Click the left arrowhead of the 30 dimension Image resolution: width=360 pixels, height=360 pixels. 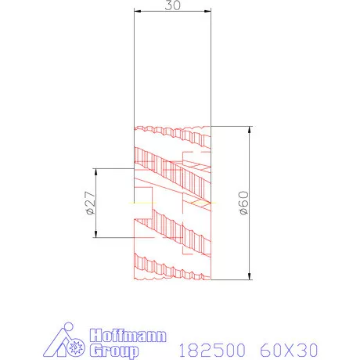tap(136, 11)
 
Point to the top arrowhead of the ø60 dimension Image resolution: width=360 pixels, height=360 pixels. tap(249, 129)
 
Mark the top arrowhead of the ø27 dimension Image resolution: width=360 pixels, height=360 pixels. tap(95, 171)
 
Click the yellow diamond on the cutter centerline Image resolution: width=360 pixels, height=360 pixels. tap(201, 202)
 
